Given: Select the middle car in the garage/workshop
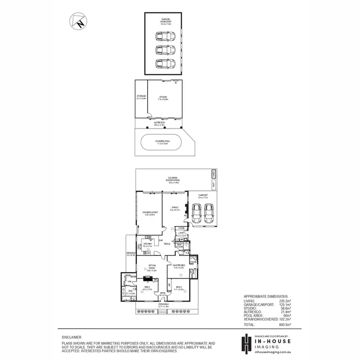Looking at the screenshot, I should coord(165,50).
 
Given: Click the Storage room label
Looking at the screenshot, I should coord(141,97).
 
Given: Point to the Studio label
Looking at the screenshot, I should coord(164,98).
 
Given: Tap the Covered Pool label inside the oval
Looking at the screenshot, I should coord(161,142).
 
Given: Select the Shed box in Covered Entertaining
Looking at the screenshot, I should coord(214,174).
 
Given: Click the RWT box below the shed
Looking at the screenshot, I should coord(214,184).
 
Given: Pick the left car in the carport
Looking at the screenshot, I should coord(196,214).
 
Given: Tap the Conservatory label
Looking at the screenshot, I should coord(149,214).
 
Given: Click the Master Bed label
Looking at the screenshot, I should coord(179,266).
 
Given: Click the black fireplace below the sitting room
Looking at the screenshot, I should coord(149,277).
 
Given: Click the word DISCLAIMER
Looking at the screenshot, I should coord(71,337).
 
